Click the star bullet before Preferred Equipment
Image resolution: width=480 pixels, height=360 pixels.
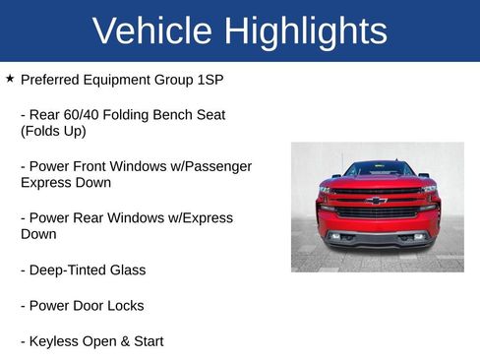tap(10, 77)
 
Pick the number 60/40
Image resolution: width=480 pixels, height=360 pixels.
tap(85, 114)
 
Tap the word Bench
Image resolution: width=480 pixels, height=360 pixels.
tap(174, 114)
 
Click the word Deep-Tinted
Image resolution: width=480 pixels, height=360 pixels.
tap(66, 270)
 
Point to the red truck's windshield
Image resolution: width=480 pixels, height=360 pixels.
tap(377, 169)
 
